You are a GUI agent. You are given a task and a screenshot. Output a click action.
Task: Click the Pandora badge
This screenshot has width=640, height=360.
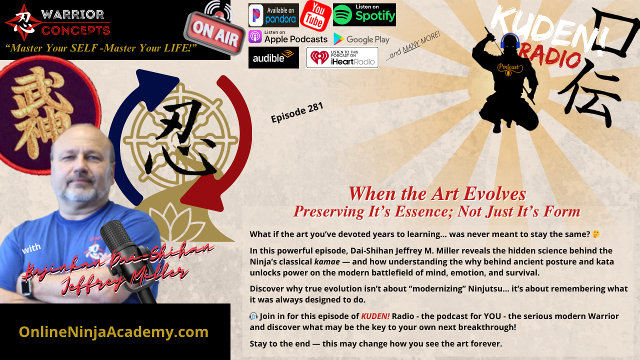(273, 15)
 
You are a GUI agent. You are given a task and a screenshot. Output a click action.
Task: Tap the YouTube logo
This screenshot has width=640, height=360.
(315, 15)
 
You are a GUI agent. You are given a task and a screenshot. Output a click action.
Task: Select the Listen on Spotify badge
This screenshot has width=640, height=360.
(364, 14)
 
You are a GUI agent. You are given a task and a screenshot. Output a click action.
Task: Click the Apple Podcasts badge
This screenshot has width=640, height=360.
(287, 37)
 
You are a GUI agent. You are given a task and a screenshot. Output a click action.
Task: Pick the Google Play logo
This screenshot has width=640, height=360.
(361, 39)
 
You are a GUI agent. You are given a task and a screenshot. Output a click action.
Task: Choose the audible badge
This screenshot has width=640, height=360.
(273, 57)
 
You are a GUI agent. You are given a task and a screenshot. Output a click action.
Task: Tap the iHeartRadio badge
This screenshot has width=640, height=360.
(342, 57)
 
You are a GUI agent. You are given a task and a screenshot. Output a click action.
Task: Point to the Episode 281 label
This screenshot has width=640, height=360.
(297, 112)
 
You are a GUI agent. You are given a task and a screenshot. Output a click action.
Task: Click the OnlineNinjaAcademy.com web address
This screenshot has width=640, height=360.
(113, 331)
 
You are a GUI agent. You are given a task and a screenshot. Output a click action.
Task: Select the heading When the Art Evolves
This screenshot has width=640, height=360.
(437, 194)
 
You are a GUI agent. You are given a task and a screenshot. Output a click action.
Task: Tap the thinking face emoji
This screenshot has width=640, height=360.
(595, 234)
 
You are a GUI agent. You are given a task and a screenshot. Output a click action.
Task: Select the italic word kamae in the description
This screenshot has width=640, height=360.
(327, 261)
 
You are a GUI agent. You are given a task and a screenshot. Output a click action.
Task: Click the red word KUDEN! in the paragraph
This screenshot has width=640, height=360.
(375, 316)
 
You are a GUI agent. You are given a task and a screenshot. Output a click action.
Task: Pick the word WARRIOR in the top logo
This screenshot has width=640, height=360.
(72, 14)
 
